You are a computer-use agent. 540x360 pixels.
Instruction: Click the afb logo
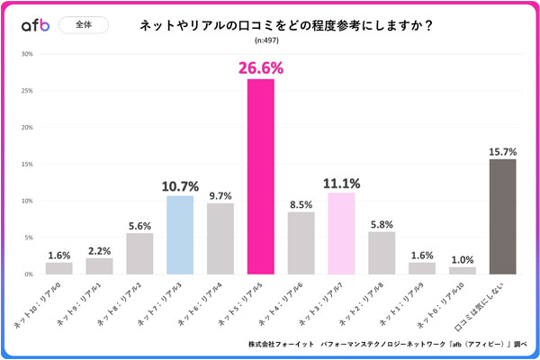(33, 26)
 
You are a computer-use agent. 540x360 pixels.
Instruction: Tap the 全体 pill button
(83, 25)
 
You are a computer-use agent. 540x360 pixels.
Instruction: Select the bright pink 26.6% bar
(261, 176)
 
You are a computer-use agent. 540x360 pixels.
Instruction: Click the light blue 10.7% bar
(180, 235)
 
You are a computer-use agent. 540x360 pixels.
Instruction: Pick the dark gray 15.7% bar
(502, 216)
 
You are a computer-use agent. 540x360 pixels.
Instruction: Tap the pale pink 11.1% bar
(341, 233)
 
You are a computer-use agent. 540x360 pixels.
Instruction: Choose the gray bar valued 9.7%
(220, 238)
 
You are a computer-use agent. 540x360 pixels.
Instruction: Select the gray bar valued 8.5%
(301, 243)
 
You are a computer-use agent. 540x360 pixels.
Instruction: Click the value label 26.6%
(261, 67)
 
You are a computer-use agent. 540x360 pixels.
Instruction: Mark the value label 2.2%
(100, 251)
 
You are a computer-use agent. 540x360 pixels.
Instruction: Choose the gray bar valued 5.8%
(382, 253)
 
